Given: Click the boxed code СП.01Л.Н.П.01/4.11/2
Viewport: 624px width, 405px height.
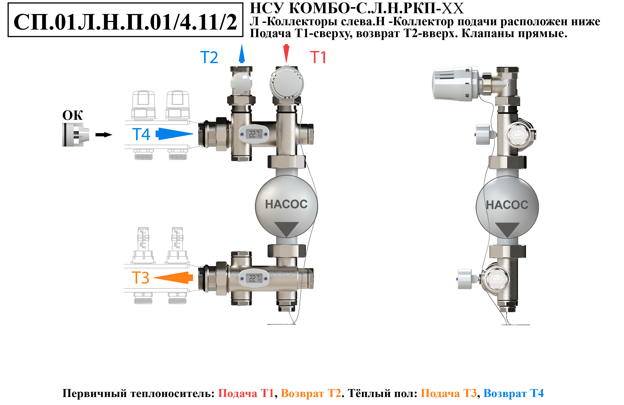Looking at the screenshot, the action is point(125,22).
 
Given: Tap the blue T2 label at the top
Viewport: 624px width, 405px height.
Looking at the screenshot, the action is point(209,57).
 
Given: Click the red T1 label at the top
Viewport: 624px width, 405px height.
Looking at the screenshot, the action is point(318,57).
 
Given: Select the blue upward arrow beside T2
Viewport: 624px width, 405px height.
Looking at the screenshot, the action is point(242,54).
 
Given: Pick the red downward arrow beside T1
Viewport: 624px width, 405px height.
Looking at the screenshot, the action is point(286,54).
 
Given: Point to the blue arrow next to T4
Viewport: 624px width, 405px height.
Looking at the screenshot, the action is point(174,134).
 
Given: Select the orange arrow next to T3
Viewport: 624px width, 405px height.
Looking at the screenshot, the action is point(173,278).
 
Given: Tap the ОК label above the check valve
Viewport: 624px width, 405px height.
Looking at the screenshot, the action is point(72,115).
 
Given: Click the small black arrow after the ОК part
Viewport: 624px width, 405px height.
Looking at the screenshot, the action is point(104,135).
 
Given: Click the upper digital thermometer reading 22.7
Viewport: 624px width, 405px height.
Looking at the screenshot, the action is point(254,134).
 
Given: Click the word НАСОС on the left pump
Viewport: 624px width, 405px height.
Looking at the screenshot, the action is point(286,204).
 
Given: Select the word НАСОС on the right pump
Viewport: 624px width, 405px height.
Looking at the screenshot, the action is point(507,205).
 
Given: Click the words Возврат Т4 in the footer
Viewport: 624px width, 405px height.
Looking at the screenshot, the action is point(513,393).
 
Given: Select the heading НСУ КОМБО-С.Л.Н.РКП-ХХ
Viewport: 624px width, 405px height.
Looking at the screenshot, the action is point(357,8).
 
